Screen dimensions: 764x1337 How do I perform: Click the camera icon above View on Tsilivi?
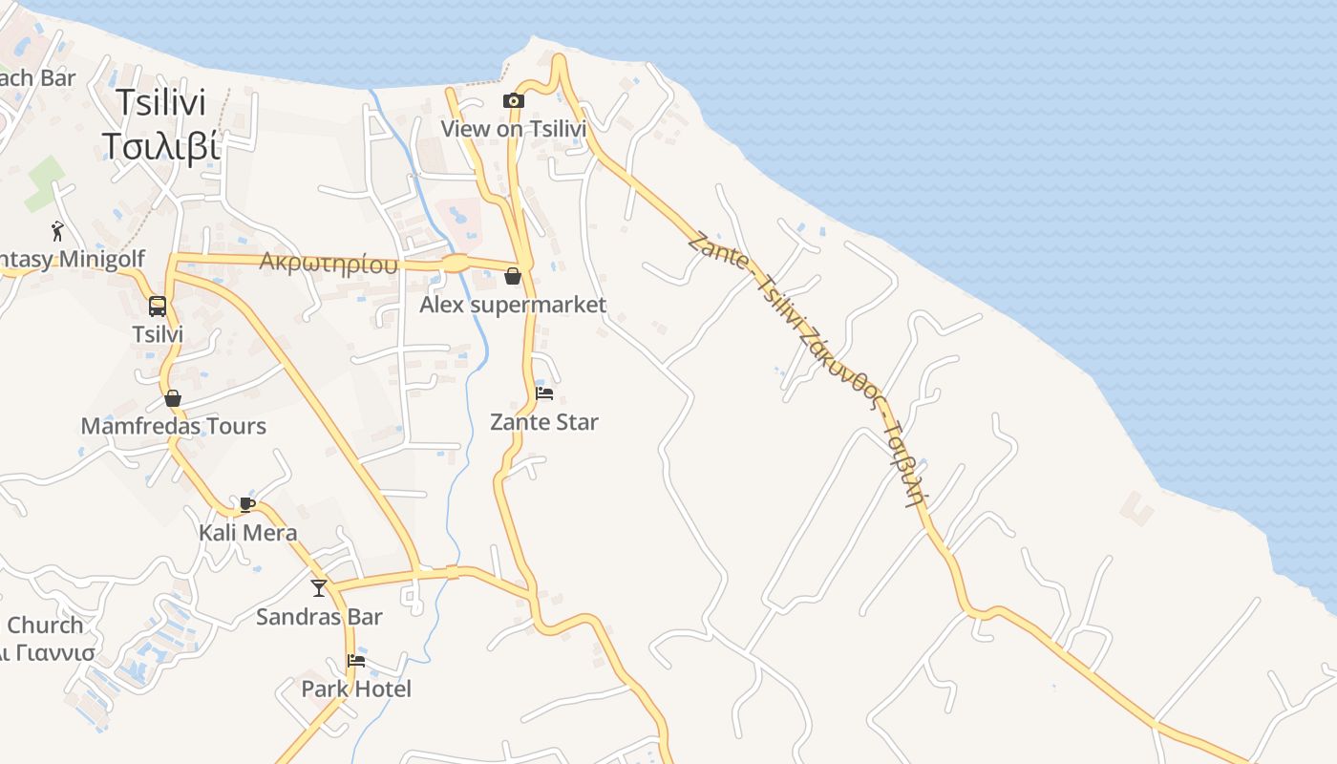[514, 100]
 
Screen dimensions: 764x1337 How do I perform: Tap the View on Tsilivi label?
[513, 128]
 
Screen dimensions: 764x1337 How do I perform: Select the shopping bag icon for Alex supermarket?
[513, 277]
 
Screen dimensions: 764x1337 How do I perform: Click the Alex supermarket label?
[513, 305]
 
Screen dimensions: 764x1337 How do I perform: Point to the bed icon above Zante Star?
[544, 393]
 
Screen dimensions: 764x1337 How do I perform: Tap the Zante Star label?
[544, 421]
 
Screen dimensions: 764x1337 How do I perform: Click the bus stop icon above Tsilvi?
[158, 307]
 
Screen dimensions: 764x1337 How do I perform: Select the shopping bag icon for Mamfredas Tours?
[173, 398]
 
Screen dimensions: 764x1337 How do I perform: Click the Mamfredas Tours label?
[173, 426]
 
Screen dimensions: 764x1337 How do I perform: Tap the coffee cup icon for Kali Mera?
[247, 504]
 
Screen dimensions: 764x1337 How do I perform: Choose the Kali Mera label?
[247, 533]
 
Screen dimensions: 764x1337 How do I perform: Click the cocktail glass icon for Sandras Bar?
[319, 588]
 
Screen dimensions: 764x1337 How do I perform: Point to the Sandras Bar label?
[319, 617]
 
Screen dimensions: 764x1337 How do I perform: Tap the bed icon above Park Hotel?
[356, 660]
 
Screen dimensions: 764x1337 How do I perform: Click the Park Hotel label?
[356, 689]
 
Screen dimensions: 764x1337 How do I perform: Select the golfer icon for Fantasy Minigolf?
[57, 230]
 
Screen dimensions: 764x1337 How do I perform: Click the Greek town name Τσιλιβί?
[160, 146]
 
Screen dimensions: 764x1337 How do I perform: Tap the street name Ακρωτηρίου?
[329, 264]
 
